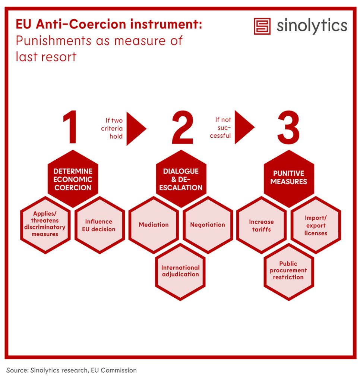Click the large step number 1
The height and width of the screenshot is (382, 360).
[70, 127]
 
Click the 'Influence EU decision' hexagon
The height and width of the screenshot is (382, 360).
[100, 225]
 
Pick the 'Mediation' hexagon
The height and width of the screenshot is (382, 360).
[154, 225]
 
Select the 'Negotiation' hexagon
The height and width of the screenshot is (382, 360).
[208, 225]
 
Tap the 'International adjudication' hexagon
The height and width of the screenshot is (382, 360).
[180, 272]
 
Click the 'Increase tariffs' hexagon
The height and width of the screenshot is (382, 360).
[261, 225]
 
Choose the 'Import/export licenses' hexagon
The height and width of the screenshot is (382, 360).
[316, 225]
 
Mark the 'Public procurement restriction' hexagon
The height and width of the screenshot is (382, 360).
[289, 272]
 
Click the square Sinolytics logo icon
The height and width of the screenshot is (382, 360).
[262, 26]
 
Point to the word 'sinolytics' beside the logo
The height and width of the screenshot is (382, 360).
[312, 26]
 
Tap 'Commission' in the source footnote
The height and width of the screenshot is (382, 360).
[119, 370]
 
